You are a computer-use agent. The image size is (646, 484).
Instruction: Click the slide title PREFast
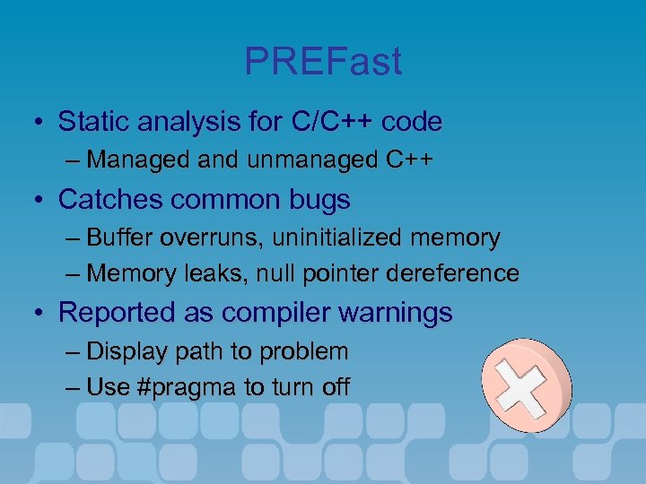click(x=323, y=62)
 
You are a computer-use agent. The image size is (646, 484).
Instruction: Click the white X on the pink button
click(x=527, y=385)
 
